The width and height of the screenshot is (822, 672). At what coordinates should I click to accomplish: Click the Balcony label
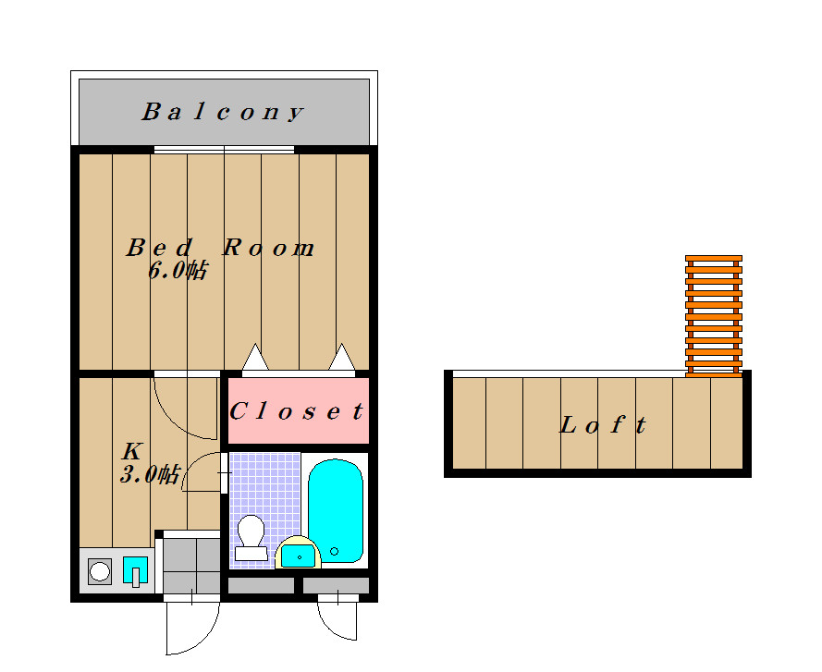point(223,112)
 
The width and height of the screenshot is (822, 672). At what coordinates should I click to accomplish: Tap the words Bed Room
point(220,248)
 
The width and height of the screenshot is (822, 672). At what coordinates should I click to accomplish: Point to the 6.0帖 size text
point(178,270)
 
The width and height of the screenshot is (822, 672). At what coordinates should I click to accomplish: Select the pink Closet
point(299,410)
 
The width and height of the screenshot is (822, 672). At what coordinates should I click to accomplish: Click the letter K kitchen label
point(132,451)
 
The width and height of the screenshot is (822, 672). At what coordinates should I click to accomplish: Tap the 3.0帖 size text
point(151,474)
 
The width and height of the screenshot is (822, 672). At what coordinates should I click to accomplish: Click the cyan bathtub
point(336,510)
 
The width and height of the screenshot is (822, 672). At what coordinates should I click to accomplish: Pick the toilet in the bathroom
point(252,537)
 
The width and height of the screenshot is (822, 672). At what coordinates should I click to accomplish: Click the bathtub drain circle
point(334,552)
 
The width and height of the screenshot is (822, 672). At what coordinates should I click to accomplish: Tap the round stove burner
point(100,571)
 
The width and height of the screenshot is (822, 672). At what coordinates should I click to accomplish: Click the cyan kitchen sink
point(135,570)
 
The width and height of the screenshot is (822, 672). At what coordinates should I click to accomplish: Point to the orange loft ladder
point(714,316)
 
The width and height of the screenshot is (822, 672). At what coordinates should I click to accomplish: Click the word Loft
point(603,424)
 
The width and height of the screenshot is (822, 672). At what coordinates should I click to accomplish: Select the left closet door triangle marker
point(255,357)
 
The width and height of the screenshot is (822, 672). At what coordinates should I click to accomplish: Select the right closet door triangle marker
point(342,357)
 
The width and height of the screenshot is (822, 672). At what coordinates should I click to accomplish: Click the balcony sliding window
point(224,150)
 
